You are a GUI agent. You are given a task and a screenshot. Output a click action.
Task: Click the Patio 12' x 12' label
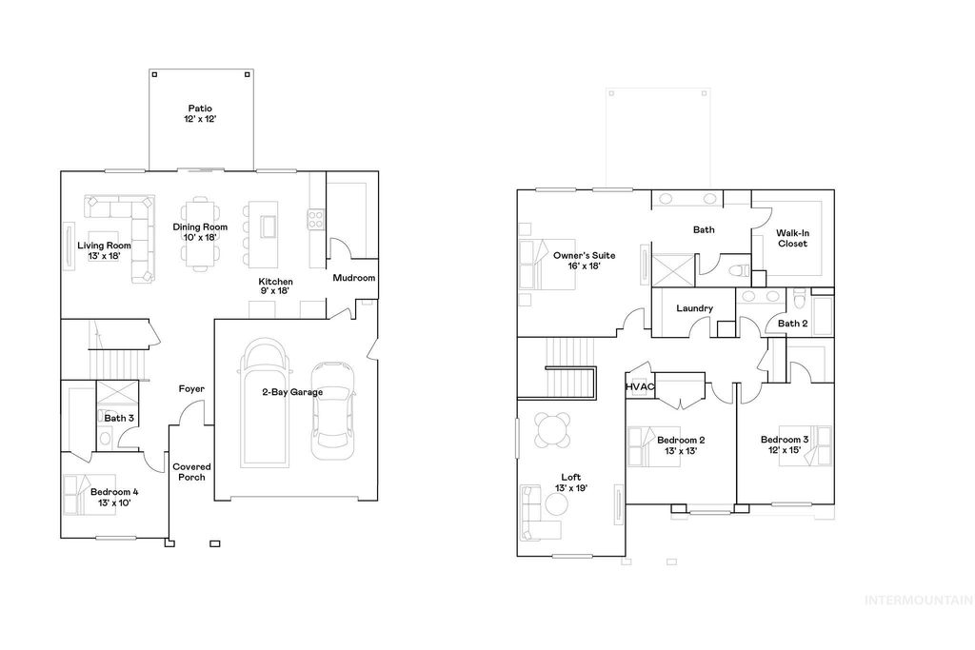click(201, 114)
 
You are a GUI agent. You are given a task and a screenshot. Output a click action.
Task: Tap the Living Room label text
click(104, 250)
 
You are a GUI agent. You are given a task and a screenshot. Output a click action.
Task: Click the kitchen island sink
click(268, 227)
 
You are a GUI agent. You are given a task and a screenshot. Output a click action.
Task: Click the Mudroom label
click(353, 278)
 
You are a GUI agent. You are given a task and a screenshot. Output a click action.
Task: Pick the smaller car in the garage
click(332, 404)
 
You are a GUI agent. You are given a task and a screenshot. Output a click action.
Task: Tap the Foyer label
click(191, 389)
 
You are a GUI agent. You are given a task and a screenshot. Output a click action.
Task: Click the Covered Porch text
click(191, 472)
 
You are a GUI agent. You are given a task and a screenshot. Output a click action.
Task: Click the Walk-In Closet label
click(791, 238)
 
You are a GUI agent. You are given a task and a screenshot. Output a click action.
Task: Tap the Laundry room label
click(694, 308)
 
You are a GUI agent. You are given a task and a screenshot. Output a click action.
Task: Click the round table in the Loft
click(553, 430)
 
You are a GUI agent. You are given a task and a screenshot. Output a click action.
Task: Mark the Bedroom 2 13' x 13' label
click(681, 444)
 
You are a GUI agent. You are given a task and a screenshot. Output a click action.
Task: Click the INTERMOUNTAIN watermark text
click(917, 600)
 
